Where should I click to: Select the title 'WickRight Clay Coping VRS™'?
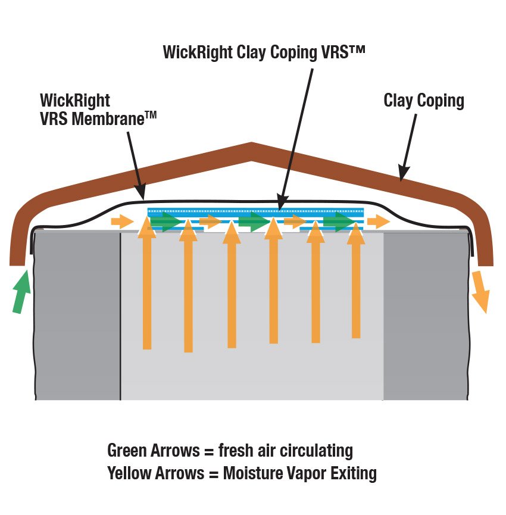pos(264,52)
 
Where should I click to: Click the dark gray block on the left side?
pos(77,316)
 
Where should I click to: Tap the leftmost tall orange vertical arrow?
pos(147,286)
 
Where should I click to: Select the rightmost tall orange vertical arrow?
pos(355,280)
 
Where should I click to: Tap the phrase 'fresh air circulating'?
pos(285,451)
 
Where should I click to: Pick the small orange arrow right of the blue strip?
pos(378,222)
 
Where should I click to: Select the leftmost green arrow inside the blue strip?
pos(166,223)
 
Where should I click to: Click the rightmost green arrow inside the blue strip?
pos(339,223)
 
